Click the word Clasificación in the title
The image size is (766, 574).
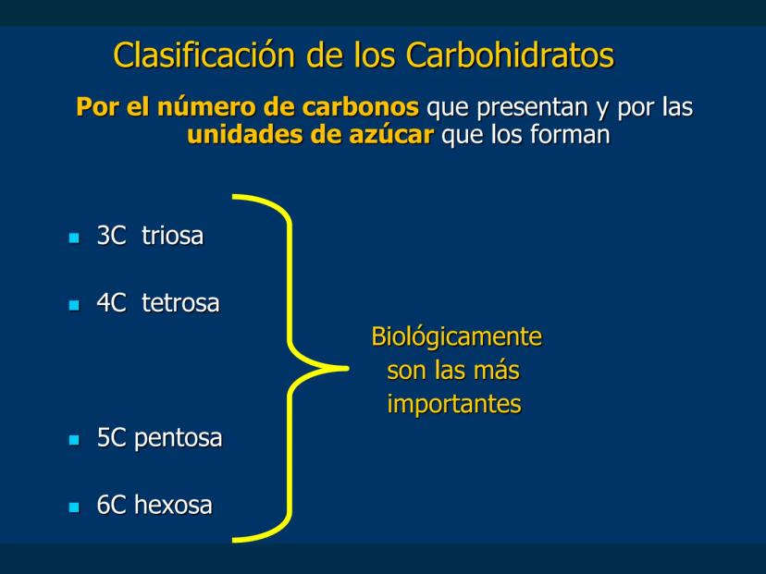tap(204, 55)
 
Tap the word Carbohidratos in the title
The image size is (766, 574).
tap(510, 55)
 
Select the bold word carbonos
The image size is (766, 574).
tap(360, 106)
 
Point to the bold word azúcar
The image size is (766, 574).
tap(391, 134)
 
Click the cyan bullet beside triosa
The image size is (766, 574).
tap(74, 238)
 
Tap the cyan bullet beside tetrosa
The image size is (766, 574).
tap(74, 305)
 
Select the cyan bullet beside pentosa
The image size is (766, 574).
tap(74, 440)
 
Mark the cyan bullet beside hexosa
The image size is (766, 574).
tap(74, 507)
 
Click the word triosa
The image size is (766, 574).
tap(172, 236)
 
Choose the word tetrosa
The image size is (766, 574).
tap(180, 302)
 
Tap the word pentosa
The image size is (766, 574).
tap(178, 438)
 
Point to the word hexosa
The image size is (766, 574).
tap(173, 505)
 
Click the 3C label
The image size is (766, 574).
tap(111, 236)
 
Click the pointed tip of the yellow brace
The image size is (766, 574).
tap(347, 369)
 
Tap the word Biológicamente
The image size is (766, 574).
tap(457, 337)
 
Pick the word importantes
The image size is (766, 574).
tap(454, 404)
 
